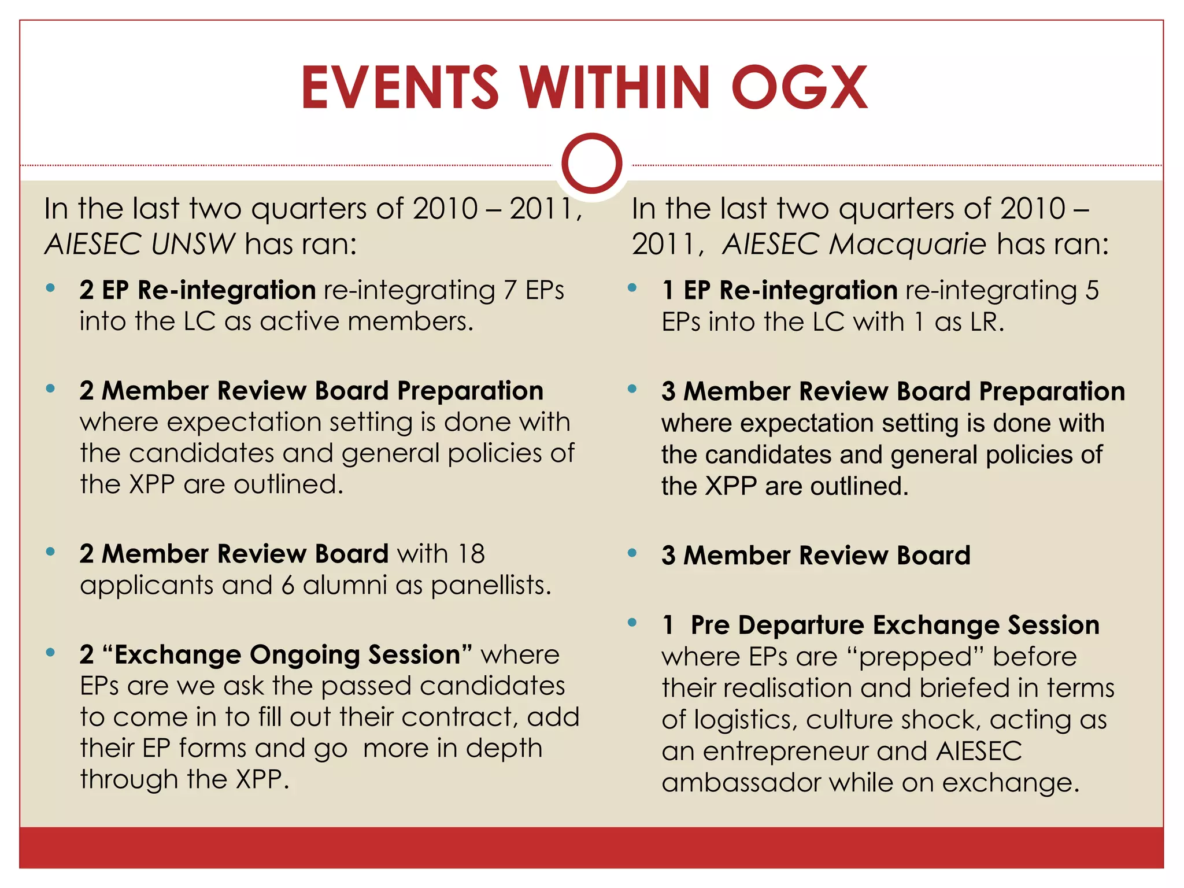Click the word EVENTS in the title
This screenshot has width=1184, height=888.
pyautogui.click(x=399, y=88)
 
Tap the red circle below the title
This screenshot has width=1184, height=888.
pyautogui.click(x=591, y=163)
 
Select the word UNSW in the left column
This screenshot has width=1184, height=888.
pyautogui.click(x=193, y=244)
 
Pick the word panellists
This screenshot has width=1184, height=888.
pyautogui.click(x=491, y=586)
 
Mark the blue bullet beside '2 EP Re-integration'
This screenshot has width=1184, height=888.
pyautogui.click(x=51, y=288)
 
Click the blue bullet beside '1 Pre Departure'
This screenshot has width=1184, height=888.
pyautogui.click(x=632, y=623)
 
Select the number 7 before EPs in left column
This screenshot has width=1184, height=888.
pyautogui.click(x=509, y=290)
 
